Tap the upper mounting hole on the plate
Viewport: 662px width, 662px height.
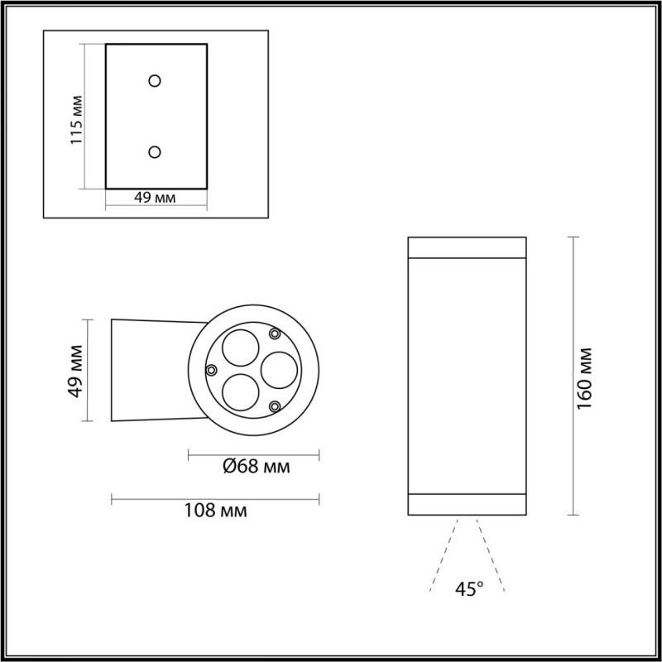click(155, 80)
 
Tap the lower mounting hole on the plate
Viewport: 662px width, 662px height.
click(155, 151)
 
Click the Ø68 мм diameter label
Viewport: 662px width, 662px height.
click(256, 467)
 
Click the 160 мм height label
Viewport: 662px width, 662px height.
click(584, 376)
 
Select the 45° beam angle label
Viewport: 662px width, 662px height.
click(468, 589)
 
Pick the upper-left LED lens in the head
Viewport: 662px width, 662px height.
click(240, 345)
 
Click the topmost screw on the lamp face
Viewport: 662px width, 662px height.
click(274, 333)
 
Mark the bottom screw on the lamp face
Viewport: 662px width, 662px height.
click(274, 405)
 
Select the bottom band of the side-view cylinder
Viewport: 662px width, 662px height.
click(468, 505)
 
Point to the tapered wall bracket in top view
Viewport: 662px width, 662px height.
click(153, 369)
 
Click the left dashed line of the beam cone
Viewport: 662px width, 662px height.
click(444, 554)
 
